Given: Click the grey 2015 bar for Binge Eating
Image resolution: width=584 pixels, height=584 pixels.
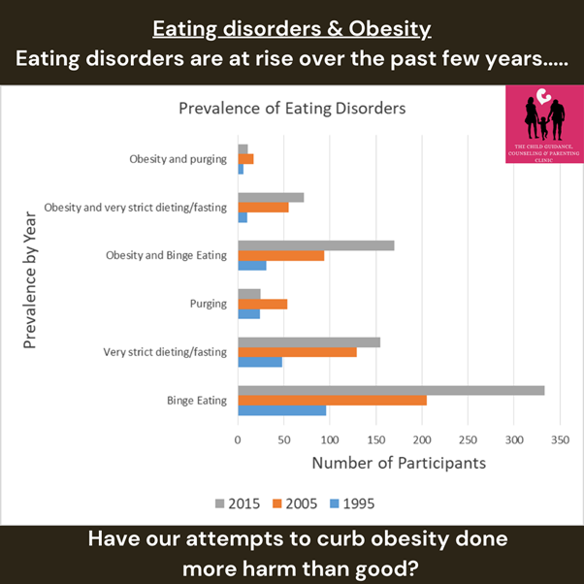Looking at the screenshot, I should point(391,390).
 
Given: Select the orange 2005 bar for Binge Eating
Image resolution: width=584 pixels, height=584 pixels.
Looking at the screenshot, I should point(332,400).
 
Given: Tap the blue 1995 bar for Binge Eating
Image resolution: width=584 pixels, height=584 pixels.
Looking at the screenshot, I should point(282,410).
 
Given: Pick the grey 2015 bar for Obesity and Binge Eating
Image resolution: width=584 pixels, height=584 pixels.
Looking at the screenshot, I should point(316,245).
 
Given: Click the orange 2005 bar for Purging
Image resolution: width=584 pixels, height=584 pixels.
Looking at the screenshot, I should point(262,304).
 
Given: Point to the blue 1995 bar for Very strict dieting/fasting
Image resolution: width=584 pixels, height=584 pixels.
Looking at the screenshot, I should point(260,362).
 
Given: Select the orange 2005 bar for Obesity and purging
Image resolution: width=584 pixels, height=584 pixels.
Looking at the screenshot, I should point(245,158).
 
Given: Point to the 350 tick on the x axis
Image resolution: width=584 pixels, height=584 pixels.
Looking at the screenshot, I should point(560,439).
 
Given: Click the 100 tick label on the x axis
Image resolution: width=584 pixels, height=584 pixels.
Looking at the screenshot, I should point(330,439).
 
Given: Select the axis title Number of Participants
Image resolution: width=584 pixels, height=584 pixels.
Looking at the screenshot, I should point(399,463).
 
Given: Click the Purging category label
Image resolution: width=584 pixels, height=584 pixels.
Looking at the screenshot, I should point(208,304).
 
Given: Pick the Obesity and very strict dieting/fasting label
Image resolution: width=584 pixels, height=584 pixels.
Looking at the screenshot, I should point(135,207).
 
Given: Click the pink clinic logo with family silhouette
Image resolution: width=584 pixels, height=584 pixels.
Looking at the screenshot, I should point(543,124).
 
